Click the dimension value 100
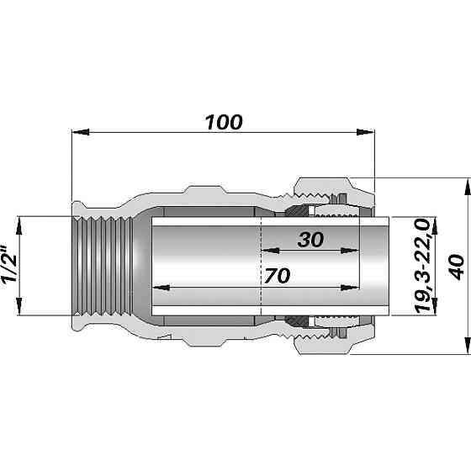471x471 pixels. [224, 121]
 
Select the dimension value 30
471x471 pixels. [310, 239]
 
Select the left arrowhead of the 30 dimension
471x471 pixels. [268, 250]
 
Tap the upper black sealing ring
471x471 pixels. [296, 208]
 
